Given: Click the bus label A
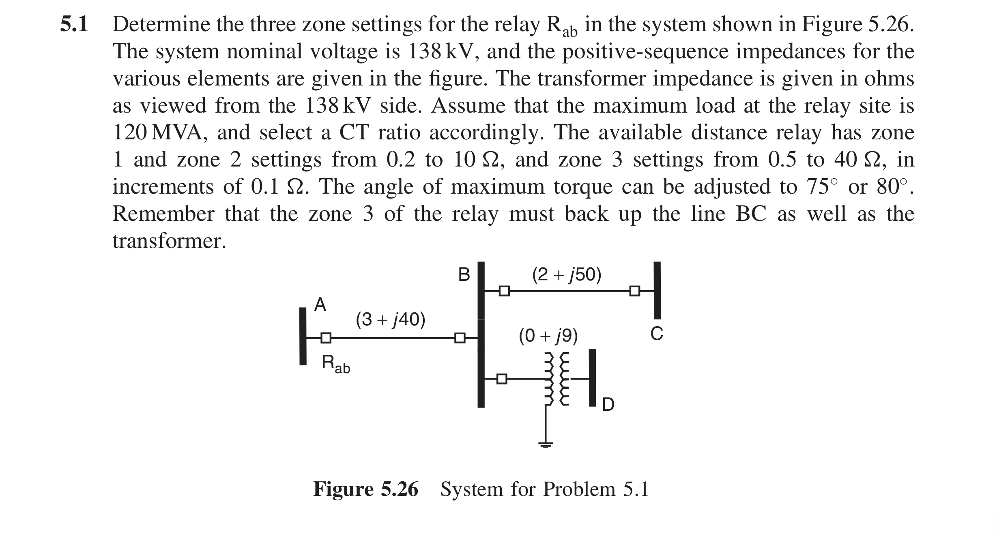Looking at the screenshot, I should [x=320, y=304].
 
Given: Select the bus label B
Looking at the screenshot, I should [x=464, y=275].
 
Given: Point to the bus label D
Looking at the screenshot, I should [x=608, y=405].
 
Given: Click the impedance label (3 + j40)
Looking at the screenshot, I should [x=390, y=320].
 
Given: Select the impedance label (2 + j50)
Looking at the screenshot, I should [x=567, y=275].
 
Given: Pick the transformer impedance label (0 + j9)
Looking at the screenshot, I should [x=548, y=336].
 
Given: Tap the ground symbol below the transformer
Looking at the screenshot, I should [x=546, y=444].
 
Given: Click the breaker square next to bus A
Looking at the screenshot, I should [x=326, y=337].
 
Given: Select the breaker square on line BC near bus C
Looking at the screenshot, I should [x=635, y=291].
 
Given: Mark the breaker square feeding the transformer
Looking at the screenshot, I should [x=502, y=379].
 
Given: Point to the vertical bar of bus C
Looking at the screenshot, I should [x=657, y=290].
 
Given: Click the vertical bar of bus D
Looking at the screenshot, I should [x=593, y=377].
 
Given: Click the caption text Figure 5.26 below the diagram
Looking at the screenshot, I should [x=365, y=489].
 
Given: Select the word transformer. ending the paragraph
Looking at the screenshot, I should [x=169, y=241].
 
